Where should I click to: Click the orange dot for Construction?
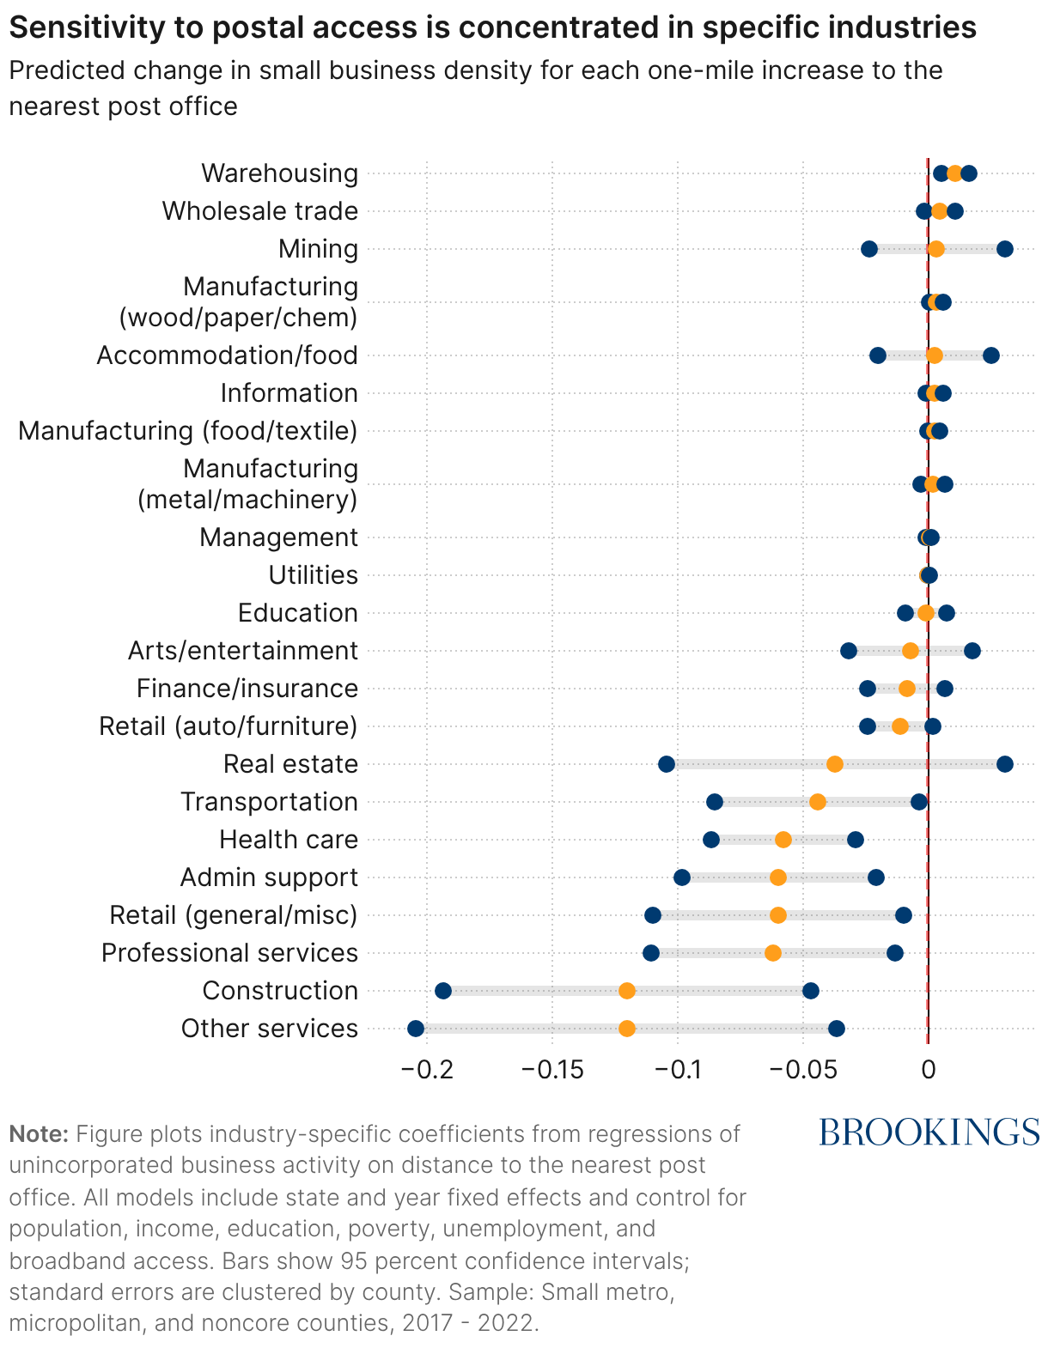click(627, 991)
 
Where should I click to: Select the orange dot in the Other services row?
click(627, 1029)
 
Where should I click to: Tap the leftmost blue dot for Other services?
click(416, 1029)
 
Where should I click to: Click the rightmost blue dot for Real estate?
click(1005, 764)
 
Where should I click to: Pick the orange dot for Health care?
click(783, 840)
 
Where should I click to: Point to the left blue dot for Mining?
click(869, 249)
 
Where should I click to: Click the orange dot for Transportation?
click(818, 802)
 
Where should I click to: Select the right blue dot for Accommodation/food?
click(991, 355)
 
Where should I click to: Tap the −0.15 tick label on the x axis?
click(552, 1070)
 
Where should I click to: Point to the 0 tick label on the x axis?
click(928, 1070)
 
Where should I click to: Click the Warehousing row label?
click(279, 173)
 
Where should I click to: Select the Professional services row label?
click(229, 953)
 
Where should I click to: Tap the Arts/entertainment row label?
click(242, 651)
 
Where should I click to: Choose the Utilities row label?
click(313, 575)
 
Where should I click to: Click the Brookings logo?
click(929, 1132)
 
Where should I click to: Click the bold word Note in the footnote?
click(38, 1134)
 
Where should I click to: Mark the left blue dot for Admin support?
click(682, 877)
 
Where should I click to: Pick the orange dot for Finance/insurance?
click(907, 689)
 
